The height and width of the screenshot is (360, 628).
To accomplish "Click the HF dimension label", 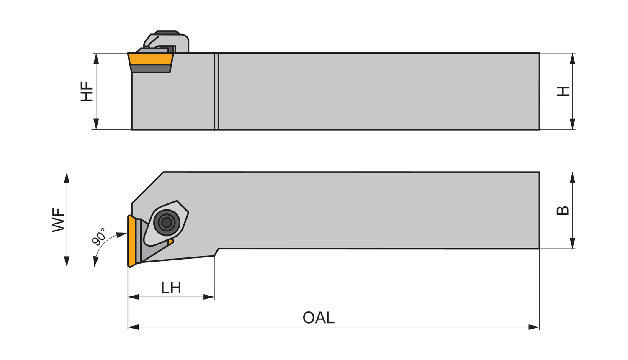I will [87, 91].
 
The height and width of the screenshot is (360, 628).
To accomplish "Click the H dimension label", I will [563, 91].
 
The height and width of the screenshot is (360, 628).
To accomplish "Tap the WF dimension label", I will [59, 220].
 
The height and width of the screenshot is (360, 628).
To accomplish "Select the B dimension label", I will [563, 210].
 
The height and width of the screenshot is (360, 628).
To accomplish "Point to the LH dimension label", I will [171, 288].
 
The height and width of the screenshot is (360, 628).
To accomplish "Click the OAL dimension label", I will [318, 318].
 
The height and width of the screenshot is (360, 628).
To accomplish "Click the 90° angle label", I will [99, 237].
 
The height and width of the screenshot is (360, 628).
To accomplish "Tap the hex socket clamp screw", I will [167, 223].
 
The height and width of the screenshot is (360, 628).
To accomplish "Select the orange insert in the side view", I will [151, 59].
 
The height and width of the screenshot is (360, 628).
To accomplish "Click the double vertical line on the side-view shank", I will [216, 91].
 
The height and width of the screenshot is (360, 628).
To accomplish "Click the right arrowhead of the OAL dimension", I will [534, 327].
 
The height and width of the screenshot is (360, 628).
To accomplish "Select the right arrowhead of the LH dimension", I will [209, 297].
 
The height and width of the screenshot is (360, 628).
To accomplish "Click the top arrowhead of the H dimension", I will [573, 58].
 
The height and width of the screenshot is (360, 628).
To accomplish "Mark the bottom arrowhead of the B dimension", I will [573, 244].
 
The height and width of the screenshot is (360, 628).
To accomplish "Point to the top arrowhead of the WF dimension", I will [66, 177].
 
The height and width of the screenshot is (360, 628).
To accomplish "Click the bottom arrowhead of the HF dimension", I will [96, 124].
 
